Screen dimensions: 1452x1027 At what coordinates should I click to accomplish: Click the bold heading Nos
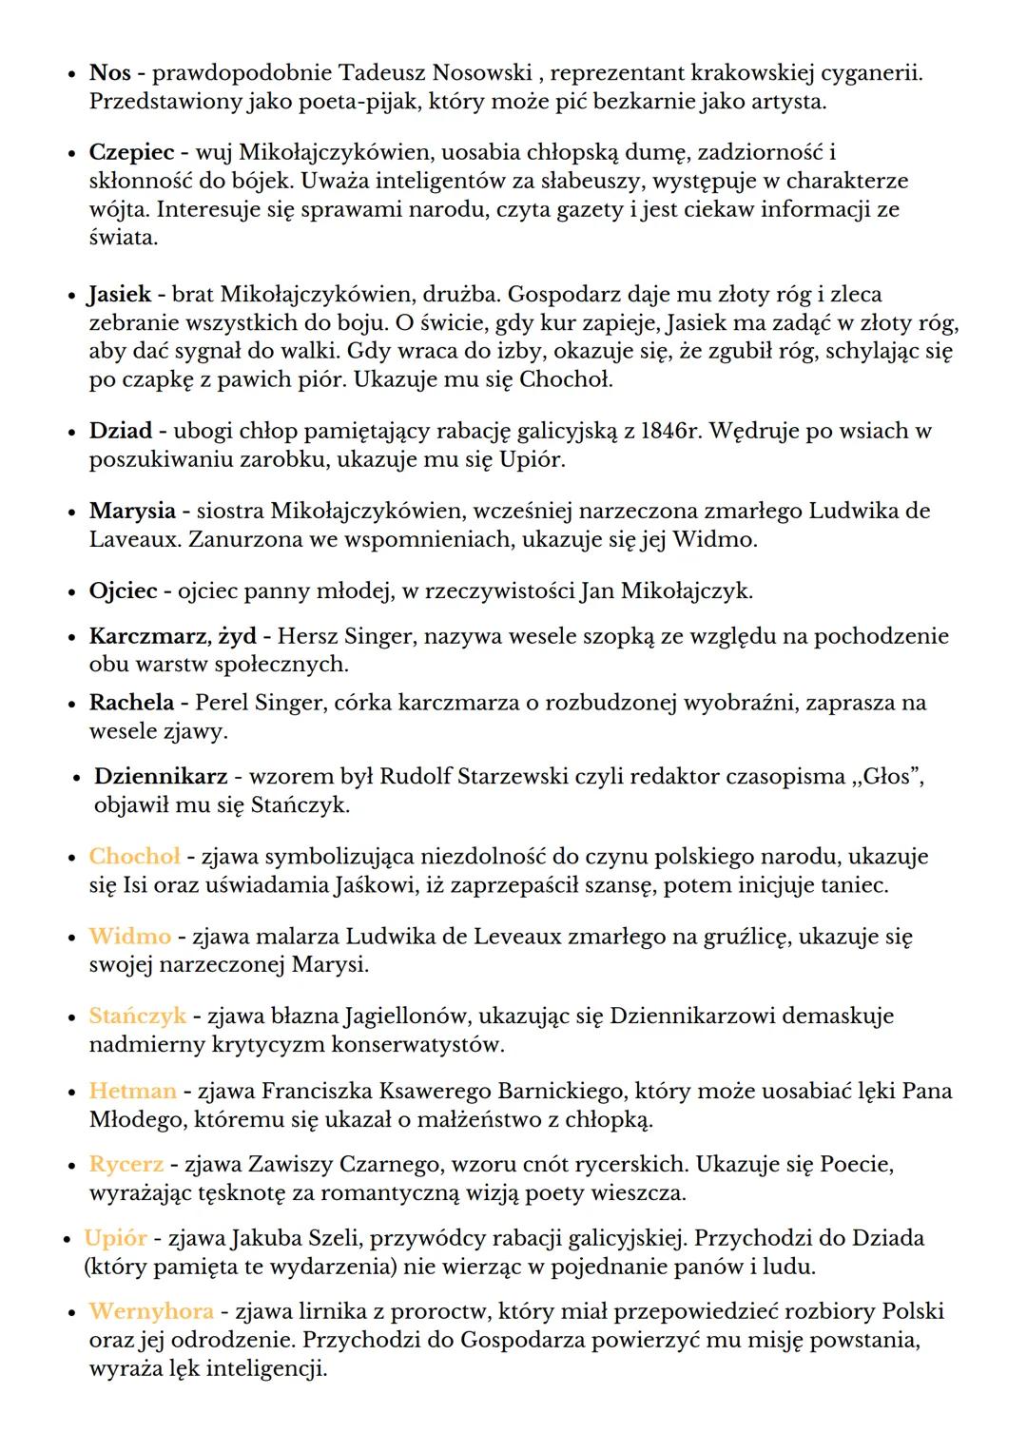(x=109, y=72)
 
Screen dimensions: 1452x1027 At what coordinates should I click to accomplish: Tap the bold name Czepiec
(x=131, y=152)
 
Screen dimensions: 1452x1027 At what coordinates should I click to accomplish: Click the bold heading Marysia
(x=132, y=512)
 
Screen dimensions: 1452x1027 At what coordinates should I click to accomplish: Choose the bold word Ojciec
(x=123, y=591)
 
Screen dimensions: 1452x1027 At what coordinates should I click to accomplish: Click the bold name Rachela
(x=131, y=703)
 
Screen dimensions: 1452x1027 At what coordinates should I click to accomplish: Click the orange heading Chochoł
(x=134, y=857)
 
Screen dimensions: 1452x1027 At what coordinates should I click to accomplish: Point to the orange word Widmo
(x=130, y=937)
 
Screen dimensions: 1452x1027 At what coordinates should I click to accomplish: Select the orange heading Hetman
(x=132, y=1091)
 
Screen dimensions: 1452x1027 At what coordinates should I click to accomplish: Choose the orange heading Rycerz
(x=126, y=1165)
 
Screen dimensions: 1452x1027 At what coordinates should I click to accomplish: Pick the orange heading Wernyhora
(x=150, y=1312)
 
